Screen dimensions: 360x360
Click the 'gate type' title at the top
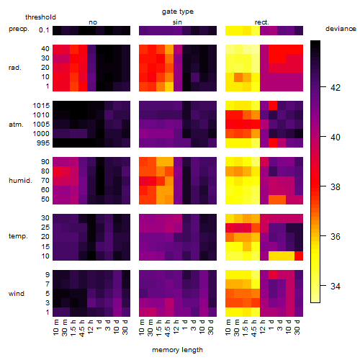tap(178, 12)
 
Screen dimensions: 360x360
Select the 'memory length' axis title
tap(177, 350)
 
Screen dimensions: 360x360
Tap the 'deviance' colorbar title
tap(341, 29)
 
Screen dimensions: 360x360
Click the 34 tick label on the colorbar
tap(336, 286)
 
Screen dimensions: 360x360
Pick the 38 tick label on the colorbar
tap(336, 186)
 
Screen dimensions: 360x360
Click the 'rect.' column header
tap(262, 22)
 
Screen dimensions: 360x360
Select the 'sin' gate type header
tap(177, 22)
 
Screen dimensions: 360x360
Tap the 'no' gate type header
tap(93, 22)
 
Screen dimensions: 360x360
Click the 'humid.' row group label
tap(20, 181)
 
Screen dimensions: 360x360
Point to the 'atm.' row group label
tap(16, 125)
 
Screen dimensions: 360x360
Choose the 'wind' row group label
tap(17, 294)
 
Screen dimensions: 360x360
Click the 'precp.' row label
tap(19, 29)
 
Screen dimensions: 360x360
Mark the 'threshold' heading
tap(40, 17)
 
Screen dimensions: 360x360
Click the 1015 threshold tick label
tap(41, 106)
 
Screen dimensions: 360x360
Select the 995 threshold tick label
tap(43, 143)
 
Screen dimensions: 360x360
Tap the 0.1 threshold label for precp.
tap(44, 30)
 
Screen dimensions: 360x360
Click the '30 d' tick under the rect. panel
tap(297, 327)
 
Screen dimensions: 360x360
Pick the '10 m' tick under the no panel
tap(55, 327)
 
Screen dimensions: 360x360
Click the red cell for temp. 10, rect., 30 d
tap(299, 256)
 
